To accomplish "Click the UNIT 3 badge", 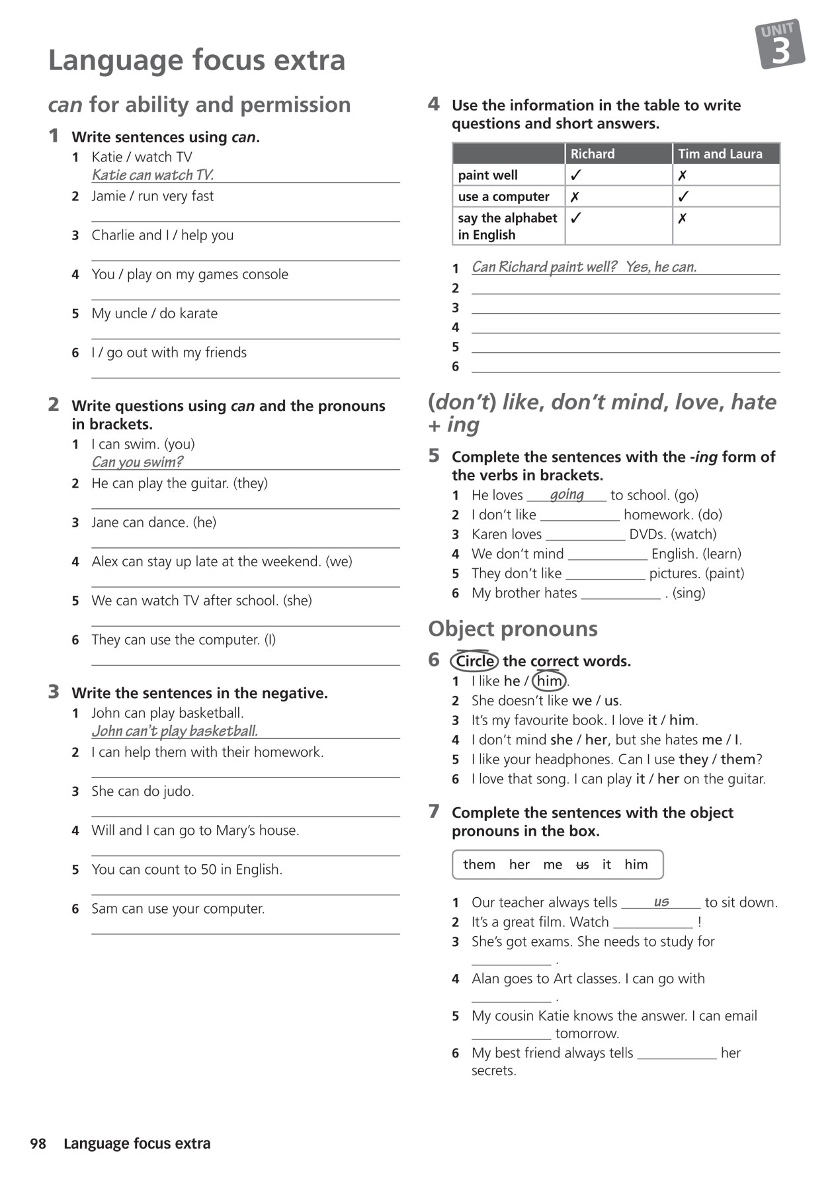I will (x=780, y=44).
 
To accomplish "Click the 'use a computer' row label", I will (x=503, y=197).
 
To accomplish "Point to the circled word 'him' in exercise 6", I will (x=549, y=681).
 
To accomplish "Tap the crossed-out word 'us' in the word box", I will (x=582, y=865).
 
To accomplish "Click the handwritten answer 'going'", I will (x=567, y=494).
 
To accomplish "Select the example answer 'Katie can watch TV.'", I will (x=153, y=175).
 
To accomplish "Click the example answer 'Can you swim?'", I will (x=137, y=462).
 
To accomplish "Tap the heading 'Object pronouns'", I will (x=513, y=629).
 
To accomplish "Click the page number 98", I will (x=38, y=1143).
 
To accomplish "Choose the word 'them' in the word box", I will (x=479, y=865).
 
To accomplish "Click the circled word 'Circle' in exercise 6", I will (x=475, y=661).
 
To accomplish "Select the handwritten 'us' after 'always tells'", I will (x=661, y=901).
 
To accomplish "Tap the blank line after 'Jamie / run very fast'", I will (x=245, y=216).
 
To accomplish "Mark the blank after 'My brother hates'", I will (x=620, y=593).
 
